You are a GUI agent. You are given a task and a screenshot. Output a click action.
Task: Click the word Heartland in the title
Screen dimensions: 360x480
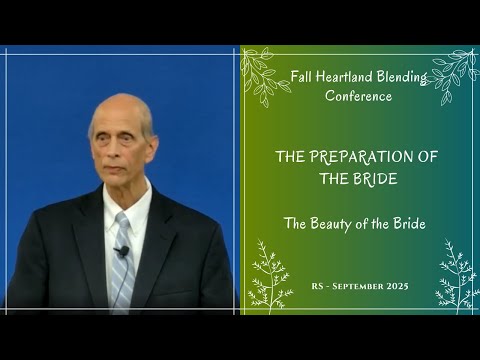(349, 76)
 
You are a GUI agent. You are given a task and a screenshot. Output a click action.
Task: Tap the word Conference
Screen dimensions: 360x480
(358, 96)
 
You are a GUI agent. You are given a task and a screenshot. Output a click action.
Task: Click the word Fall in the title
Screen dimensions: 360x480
(300, 76)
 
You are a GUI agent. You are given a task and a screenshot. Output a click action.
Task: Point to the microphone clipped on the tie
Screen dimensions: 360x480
(122, 251)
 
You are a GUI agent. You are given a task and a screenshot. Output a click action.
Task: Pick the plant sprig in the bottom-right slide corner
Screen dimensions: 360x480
(456, 278)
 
